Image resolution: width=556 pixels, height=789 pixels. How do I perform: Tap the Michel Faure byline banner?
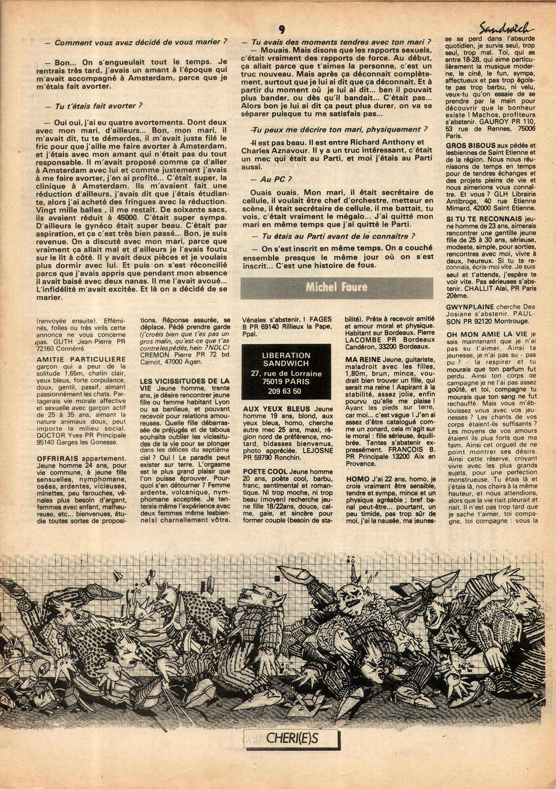tap(337, 288)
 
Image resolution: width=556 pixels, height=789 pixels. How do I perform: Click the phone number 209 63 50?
tap(285, 391)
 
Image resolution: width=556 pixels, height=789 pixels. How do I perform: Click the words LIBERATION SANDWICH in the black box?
tap(286, 359)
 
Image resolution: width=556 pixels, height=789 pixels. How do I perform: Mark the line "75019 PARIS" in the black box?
tap(286, 381)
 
